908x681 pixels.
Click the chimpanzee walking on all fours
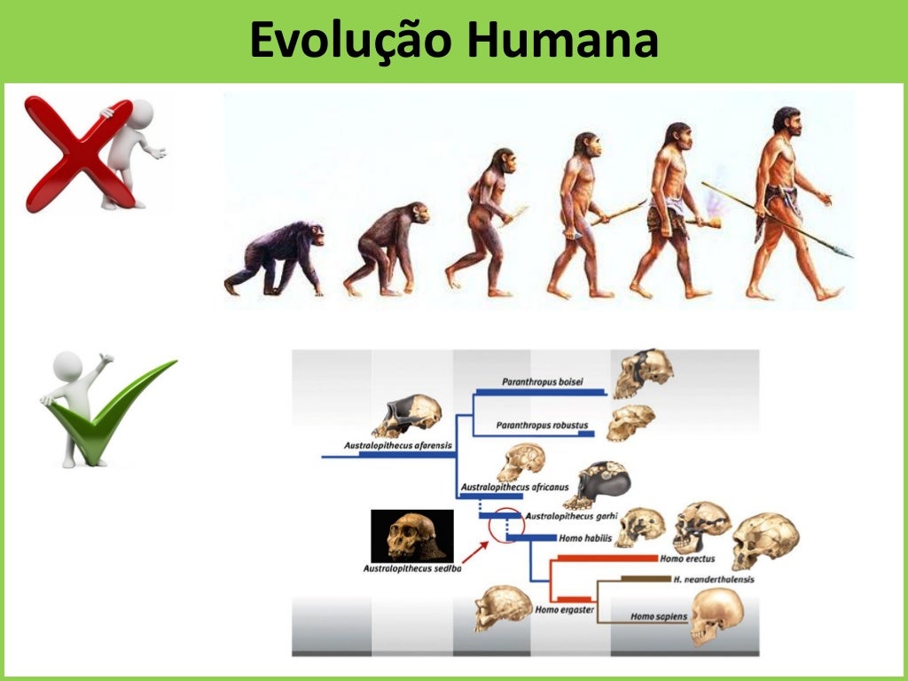coord(276,257)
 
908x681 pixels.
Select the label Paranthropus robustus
coord(542,426)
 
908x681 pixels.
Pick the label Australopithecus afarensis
coord(391,444)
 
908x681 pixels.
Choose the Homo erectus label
coord(688,559)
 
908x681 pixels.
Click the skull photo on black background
coord(411,536)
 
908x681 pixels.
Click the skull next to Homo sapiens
coord(715,614)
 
